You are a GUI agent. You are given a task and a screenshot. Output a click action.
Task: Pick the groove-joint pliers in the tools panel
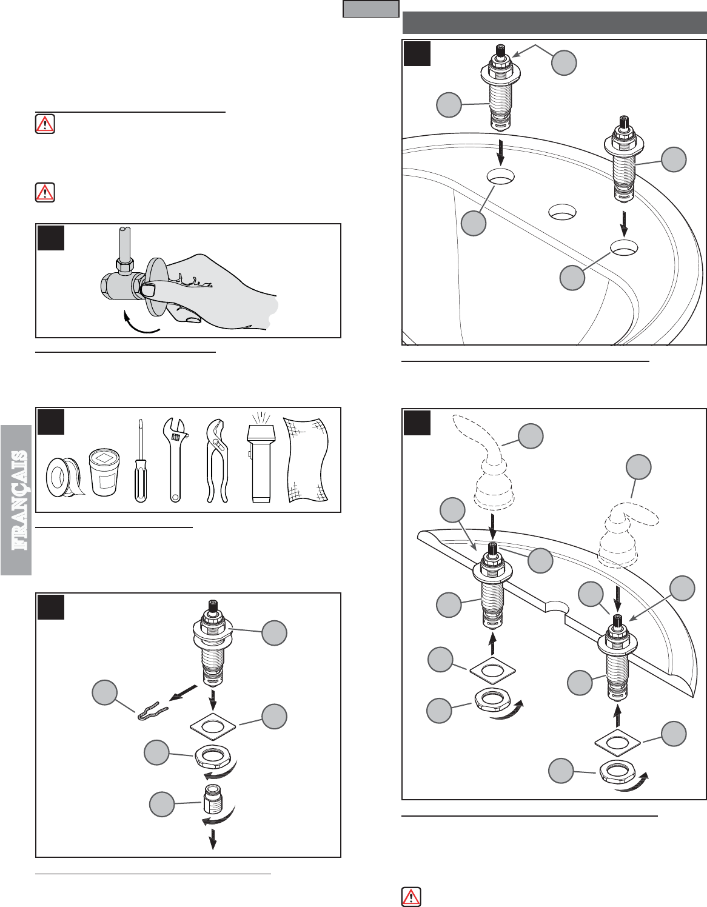[216, 461]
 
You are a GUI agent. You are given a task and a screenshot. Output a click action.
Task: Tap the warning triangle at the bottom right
[411, 896]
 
